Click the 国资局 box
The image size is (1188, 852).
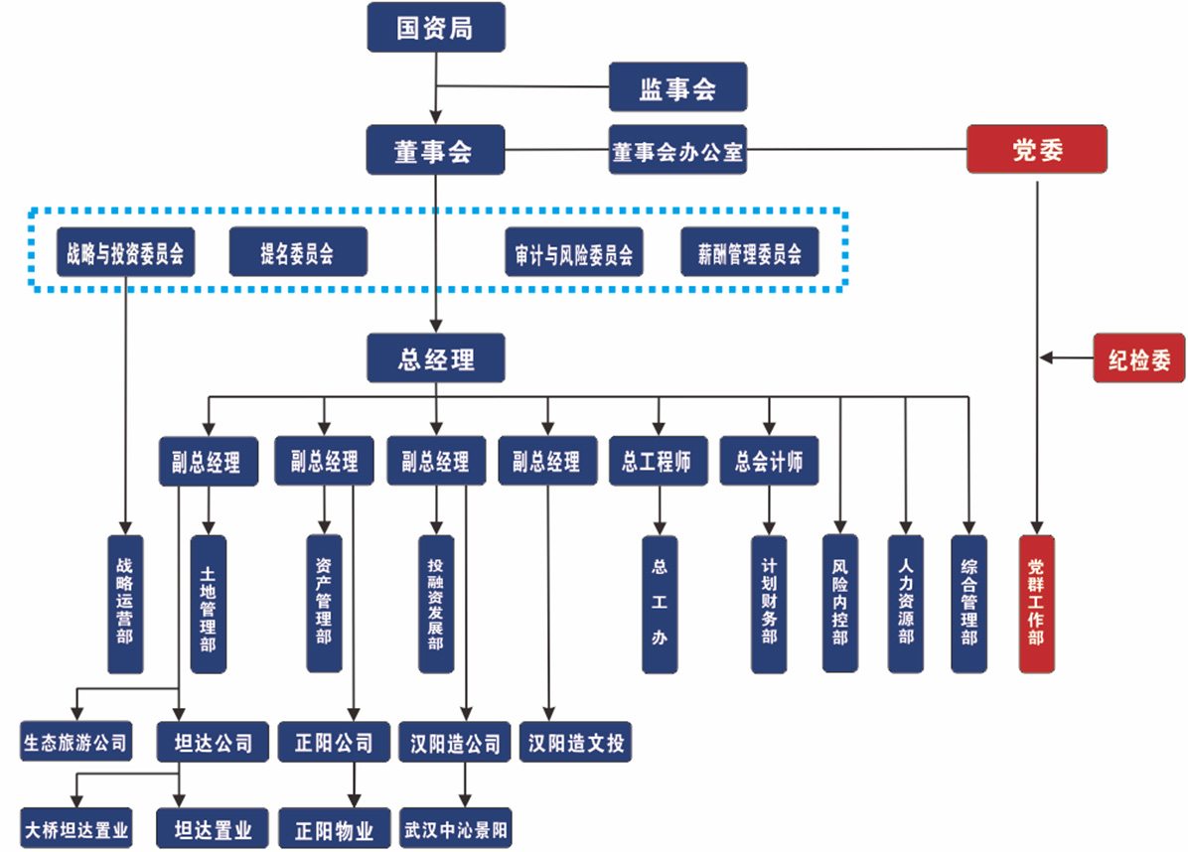pos(435,27)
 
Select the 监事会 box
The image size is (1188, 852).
pos(676,87)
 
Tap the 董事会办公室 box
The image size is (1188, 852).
pos(676,151)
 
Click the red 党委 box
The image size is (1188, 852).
pos(1037,151)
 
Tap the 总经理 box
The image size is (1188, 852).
pos(435,358)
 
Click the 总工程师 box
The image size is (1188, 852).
pos(658,461)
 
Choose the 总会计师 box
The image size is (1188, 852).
pos(769,461)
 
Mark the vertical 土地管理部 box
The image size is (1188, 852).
pos(208,604)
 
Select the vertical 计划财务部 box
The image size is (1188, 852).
pos(768,604)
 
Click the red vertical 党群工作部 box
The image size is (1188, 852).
pos(1036,604)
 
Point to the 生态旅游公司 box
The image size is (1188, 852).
pos(75,741)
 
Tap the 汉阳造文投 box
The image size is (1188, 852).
pos(576,741)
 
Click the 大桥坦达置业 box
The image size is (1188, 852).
pos(76,828)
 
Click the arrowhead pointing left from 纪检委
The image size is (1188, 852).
pos(1047,358)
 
